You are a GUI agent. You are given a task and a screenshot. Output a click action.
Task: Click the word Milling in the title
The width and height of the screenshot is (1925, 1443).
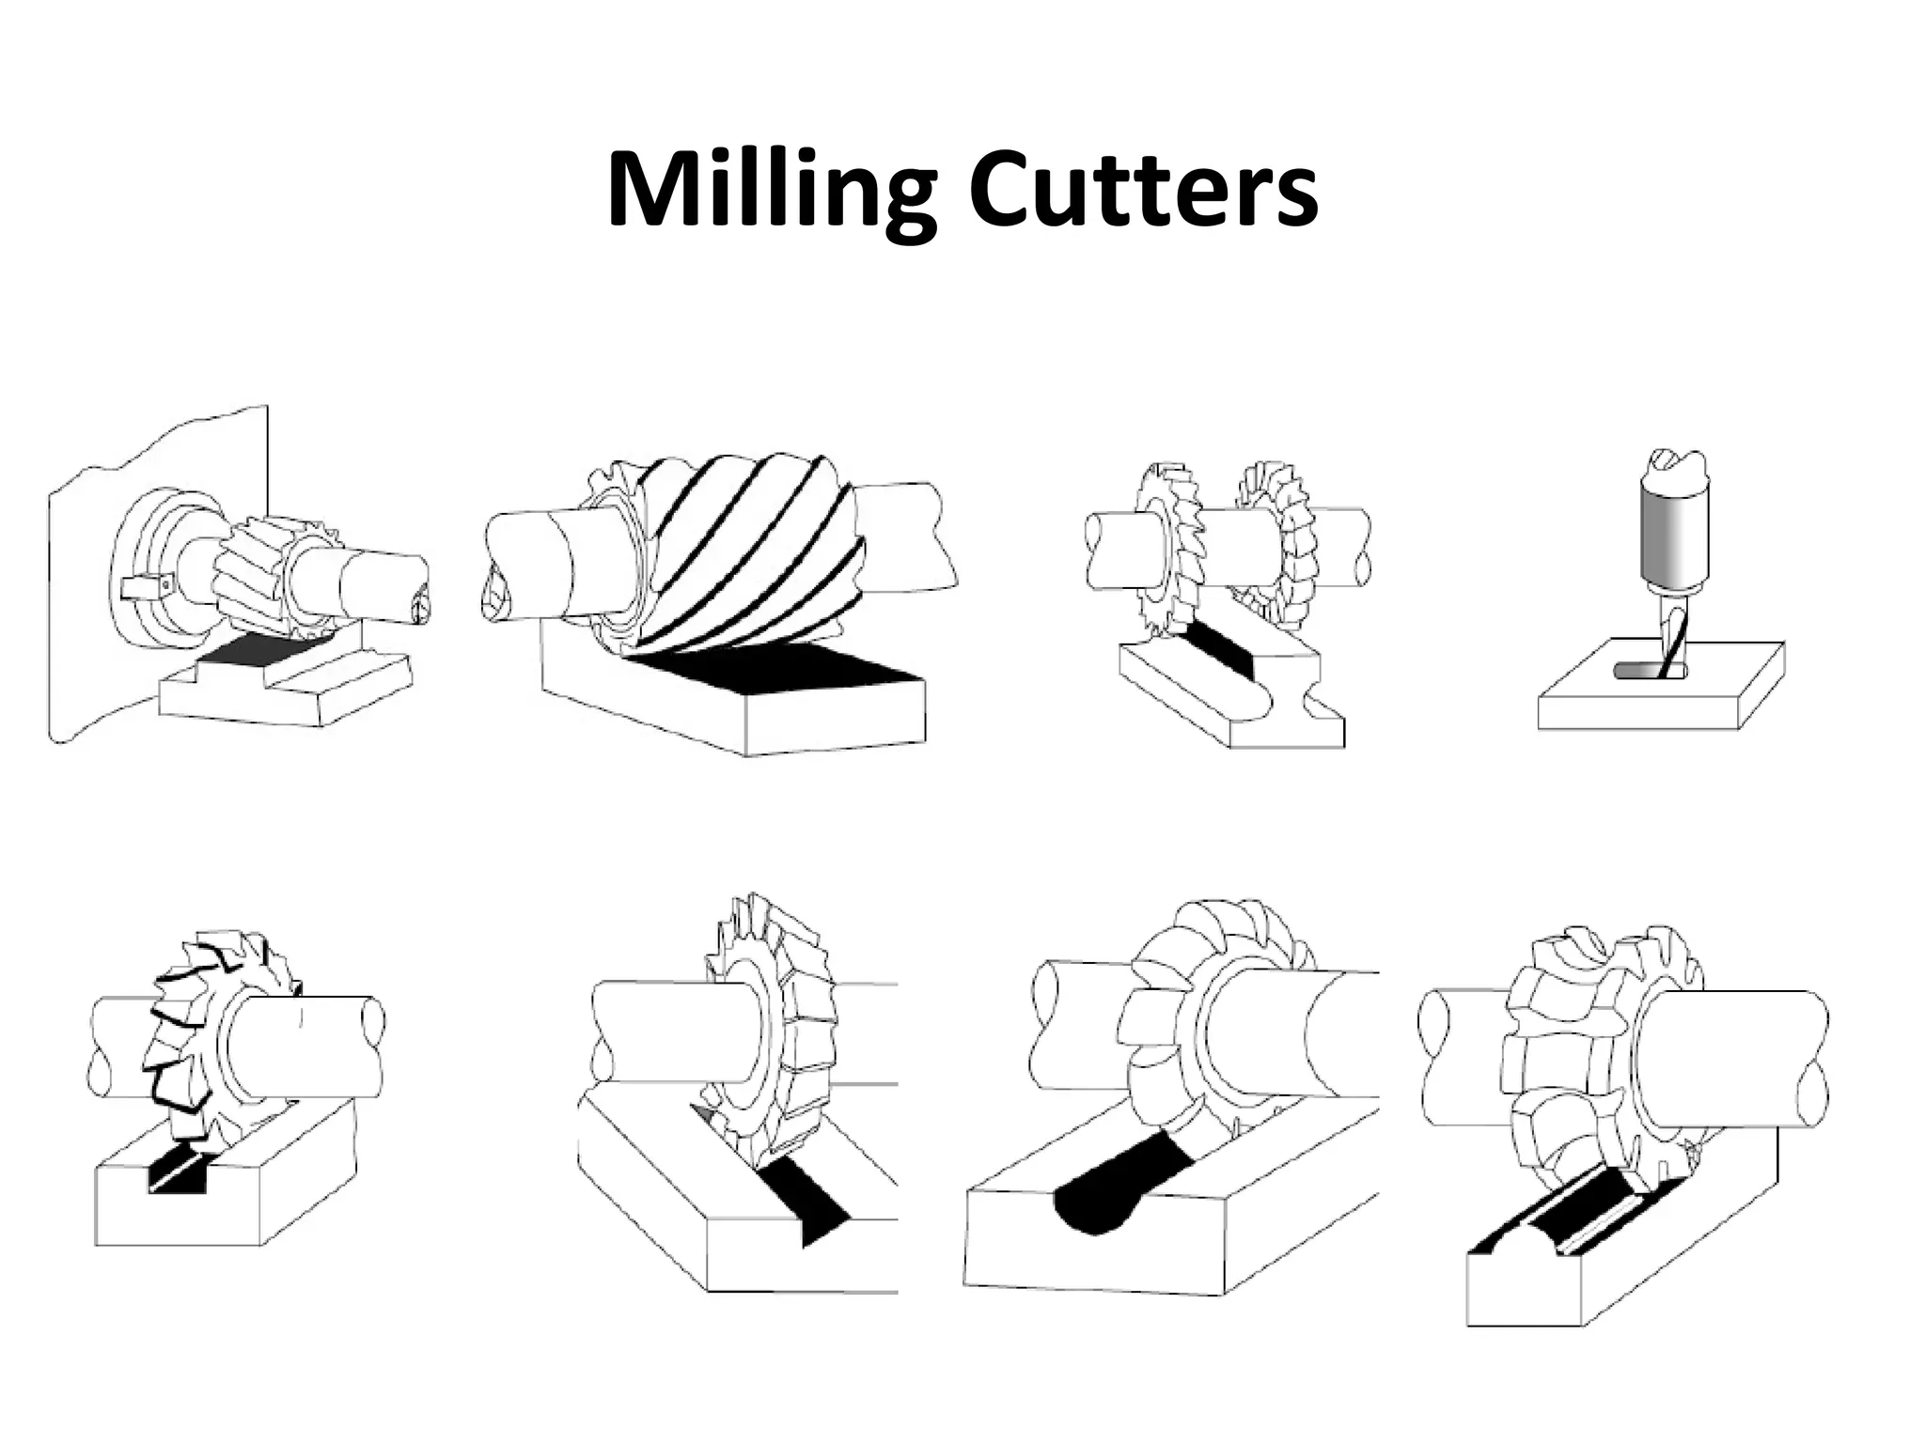click(x=771, y=193)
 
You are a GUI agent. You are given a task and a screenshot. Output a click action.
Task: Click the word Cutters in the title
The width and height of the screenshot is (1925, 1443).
click(x=1143, y=193)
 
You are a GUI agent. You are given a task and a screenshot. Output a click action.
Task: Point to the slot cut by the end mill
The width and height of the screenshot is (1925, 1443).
click(x=1640, y=670)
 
